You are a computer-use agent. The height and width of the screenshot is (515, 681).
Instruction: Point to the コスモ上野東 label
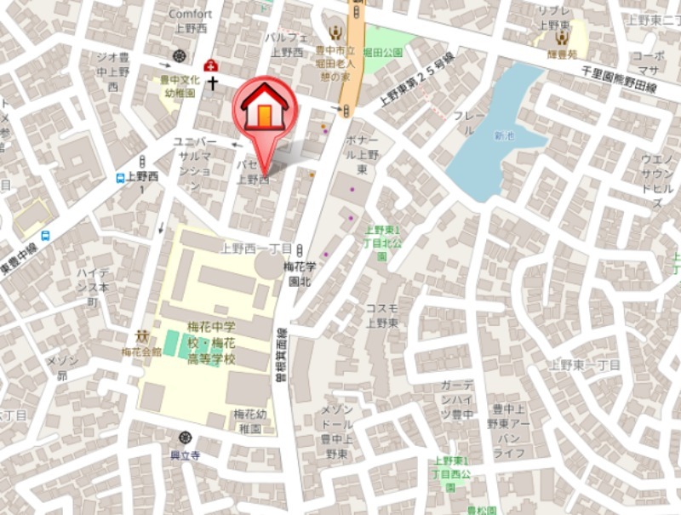(381, 314)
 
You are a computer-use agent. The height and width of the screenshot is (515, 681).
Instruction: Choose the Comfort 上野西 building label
(191, 20)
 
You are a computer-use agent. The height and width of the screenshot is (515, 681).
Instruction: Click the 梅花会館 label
(141, 352)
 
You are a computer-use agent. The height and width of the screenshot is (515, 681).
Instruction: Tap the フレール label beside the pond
(469, 122)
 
